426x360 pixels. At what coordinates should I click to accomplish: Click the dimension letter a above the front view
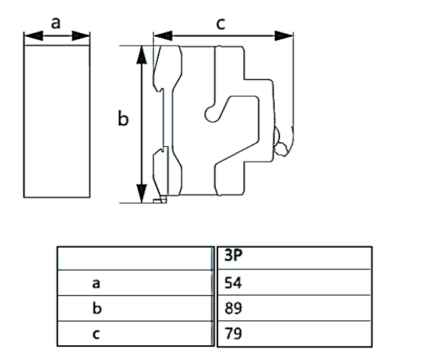click(57, 22)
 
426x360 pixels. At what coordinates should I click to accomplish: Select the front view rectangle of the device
click(57, 122)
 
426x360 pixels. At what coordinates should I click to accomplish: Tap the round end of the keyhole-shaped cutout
click(211, 111)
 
